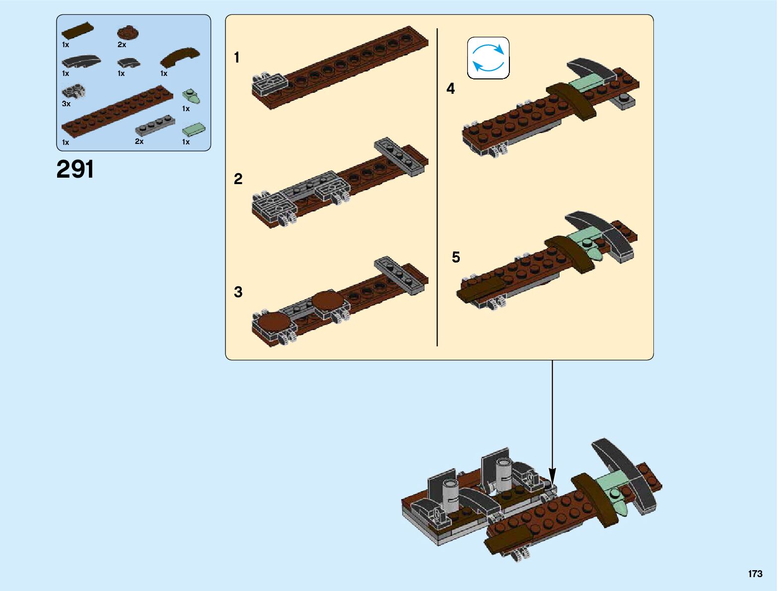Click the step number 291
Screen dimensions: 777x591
75,169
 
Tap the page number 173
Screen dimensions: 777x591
755,574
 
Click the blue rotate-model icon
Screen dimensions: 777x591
488,58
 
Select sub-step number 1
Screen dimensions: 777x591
237,58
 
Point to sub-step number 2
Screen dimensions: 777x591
238,179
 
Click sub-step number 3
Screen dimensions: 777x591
238,292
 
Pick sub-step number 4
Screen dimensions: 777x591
450,88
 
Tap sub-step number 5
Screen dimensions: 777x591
456,257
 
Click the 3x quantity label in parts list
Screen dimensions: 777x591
66,104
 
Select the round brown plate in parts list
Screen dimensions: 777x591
128,33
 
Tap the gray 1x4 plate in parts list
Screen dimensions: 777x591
155,126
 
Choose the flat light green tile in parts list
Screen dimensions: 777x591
194,130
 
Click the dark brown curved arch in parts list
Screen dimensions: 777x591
180,56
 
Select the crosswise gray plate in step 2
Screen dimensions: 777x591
400,156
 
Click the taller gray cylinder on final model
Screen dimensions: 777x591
503,473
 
